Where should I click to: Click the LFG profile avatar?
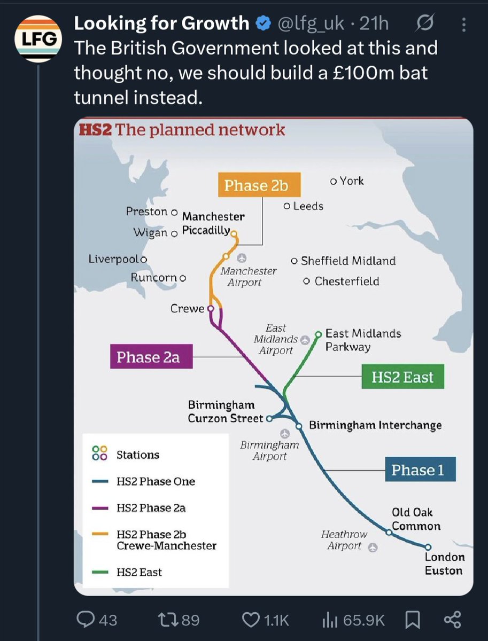click(37, 39)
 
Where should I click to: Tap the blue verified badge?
click(262, 24)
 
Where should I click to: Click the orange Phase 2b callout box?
click(259, 185)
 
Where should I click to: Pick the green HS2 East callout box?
click(402, 377)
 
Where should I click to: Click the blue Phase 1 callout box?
click(420, 470)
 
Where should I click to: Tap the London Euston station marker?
click(428, 547)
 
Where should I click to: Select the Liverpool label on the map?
click(114, 259)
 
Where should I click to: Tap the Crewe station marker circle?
click(210, 308)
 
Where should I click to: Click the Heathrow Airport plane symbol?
click(373, 547)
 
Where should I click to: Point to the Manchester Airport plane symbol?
click(242, 259)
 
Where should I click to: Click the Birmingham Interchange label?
click(375, 425)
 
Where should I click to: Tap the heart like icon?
click(251, 620)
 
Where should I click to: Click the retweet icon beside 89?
click(168, 620)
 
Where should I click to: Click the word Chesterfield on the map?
click(347, 281)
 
